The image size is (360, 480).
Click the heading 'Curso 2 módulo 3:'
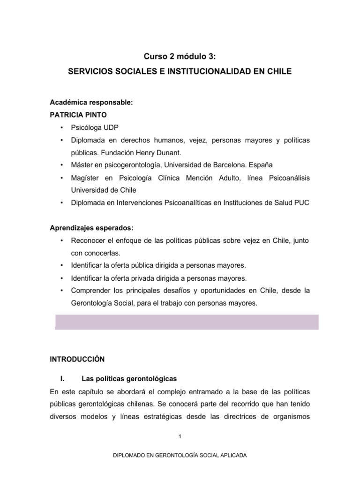click(180, 57)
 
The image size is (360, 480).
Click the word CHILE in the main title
click(277, 72)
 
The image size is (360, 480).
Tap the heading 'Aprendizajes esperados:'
click(91, 228)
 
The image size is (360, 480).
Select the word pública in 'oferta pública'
click(141, 266)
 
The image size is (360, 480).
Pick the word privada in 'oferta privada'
click(142, 278)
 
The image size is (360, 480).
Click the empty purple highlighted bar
click(187, 322)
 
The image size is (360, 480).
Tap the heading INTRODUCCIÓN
click(77, 360)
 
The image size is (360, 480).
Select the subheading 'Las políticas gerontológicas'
click(129, 379)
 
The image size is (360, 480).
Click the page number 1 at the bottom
click(180, 436)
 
